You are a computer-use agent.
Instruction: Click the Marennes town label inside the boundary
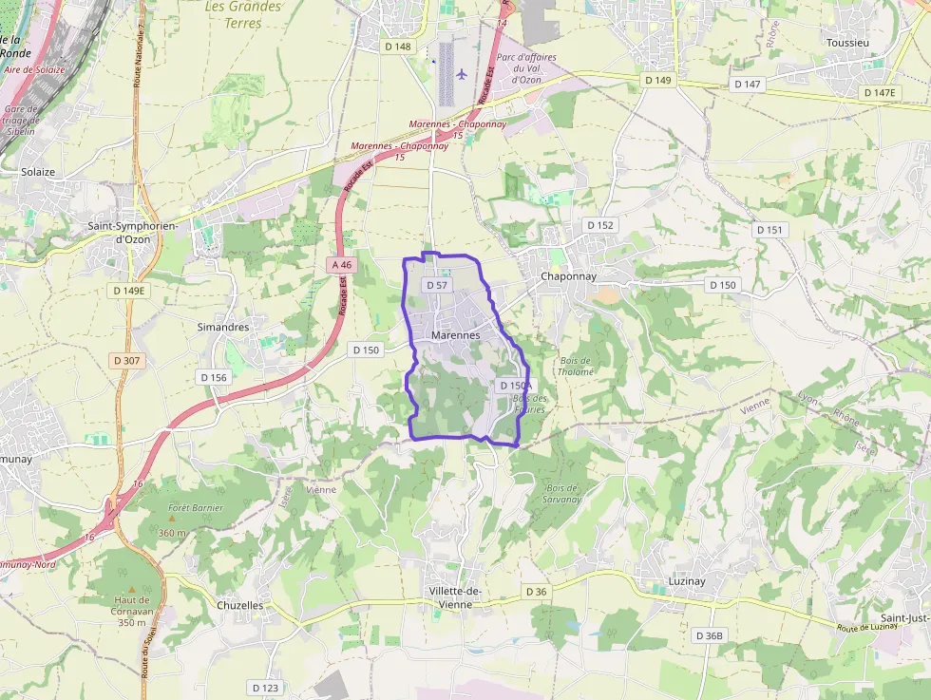click(x=455, y=335)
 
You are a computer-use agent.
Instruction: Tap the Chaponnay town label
click(x=568, y=276)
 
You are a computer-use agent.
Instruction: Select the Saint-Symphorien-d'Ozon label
click(x=119, y=233)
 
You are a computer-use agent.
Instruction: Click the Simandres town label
click(x=222, y=327)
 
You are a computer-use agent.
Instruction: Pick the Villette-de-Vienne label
click(x=455, y=598)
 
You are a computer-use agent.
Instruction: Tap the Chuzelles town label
click(x=239, y=605)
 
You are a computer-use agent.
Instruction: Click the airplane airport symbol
click(x=463, y=73)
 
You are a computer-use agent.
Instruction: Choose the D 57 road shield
click(x=437, y=285)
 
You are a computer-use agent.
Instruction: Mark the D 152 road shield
click(x=600, y=225)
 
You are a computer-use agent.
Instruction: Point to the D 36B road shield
click(x=709, y=635)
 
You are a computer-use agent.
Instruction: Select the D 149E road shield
click(x=128, y=291)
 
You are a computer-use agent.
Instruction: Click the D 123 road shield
click(x=266, y=687)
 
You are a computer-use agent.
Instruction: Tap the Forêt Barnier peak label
click(x=195, y=508)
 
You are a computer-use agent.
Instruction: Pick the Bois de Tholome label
click(x=576, y=366)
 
